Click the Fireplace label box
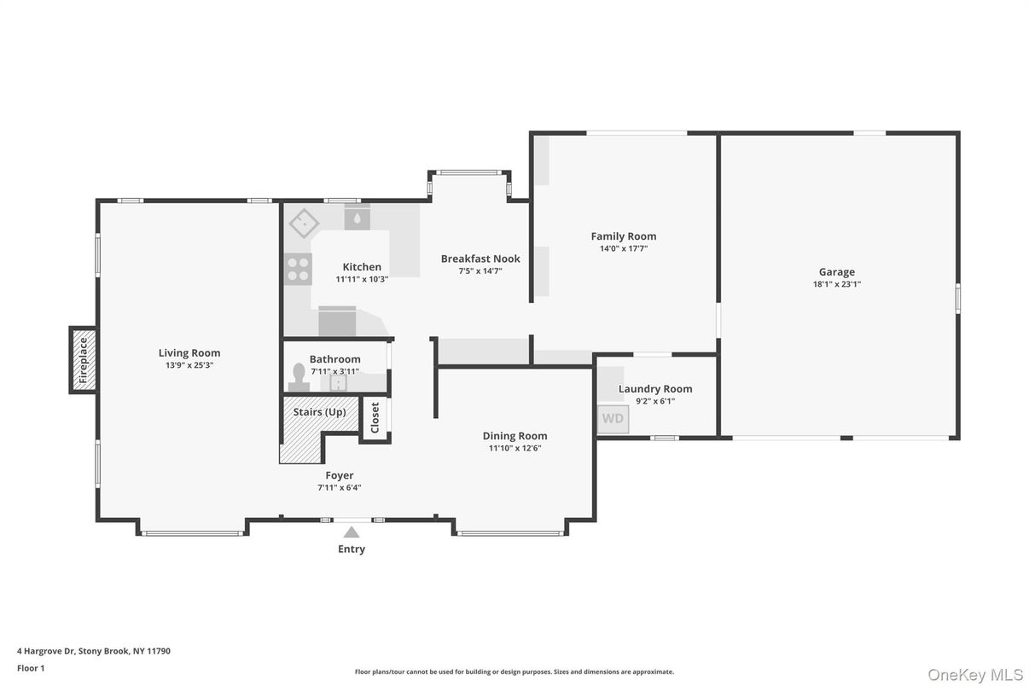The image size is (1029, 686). (x=84, y=360)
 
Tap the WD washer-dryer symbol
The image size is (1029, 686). (x=613, y=419)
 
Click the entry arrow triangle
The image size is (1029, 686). (x=352, y=532)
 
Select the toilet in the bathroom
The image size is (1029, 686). (x=299, y=376)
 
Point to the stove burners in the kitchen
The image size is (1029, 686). (x=298, y=269)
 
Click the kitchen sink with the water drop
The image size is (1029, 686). (x=357, y=218)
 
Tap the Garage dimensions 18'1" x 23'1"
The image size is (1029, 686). (x=836, y=284)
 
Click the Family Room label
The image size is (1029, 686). (x=624, y=236)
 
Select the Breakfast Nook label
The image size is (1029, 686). (x=480, y=259)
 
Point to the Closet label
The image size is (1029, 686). (x=375, y=418)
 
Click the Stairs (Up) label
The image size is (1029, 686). (x=320, y=412)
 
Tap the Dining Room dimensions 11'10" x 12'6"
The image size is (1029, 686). (x=514, y=448)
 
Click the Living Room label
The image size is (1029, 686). (x=189, y=352)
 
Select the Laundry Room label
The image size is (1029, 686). (x=655, y=389)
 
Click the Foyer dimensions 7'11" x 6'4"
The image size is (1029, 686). (x=340, y=488)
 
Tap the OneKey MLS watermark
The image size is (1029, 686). (x=975, y=675)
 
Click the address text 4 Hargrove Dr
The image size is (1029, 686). (x=94, y=651)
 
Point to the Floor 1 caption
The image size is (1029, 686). (x=31, y=668)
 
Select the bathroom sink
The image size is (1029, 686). (x=339, y=383)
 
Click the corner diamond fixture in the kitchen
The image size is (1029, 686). (x=304, y=224)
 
